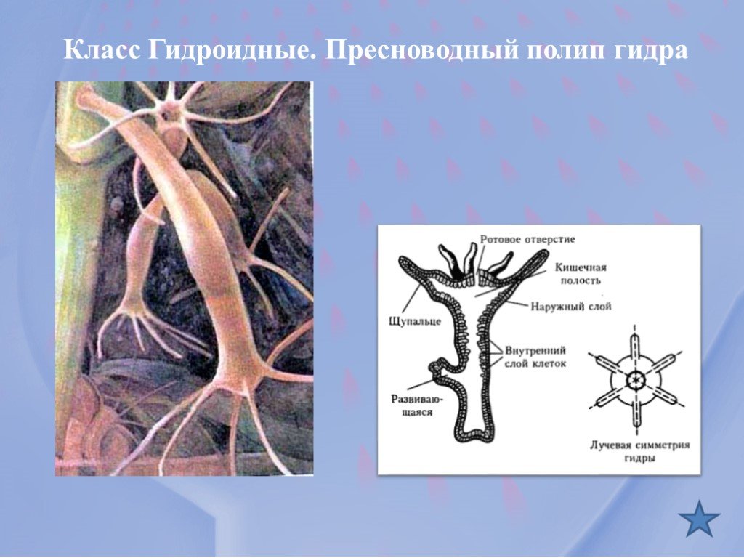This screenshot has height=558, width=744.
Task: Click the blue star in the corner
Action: pos(700,518)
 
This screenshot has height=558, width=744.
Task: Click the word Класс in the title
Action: pos(102,52)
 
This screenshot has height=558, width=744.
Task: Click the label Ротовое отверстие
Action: pos(527,239)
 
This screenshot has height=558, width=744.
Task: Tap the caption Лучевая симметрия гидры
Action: pos(639,451)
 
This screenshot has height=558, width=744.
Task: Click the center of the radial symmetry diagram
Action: pos(636,380)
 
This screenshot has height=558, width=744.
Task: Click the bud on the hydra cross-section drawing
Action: pos(439,370)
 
